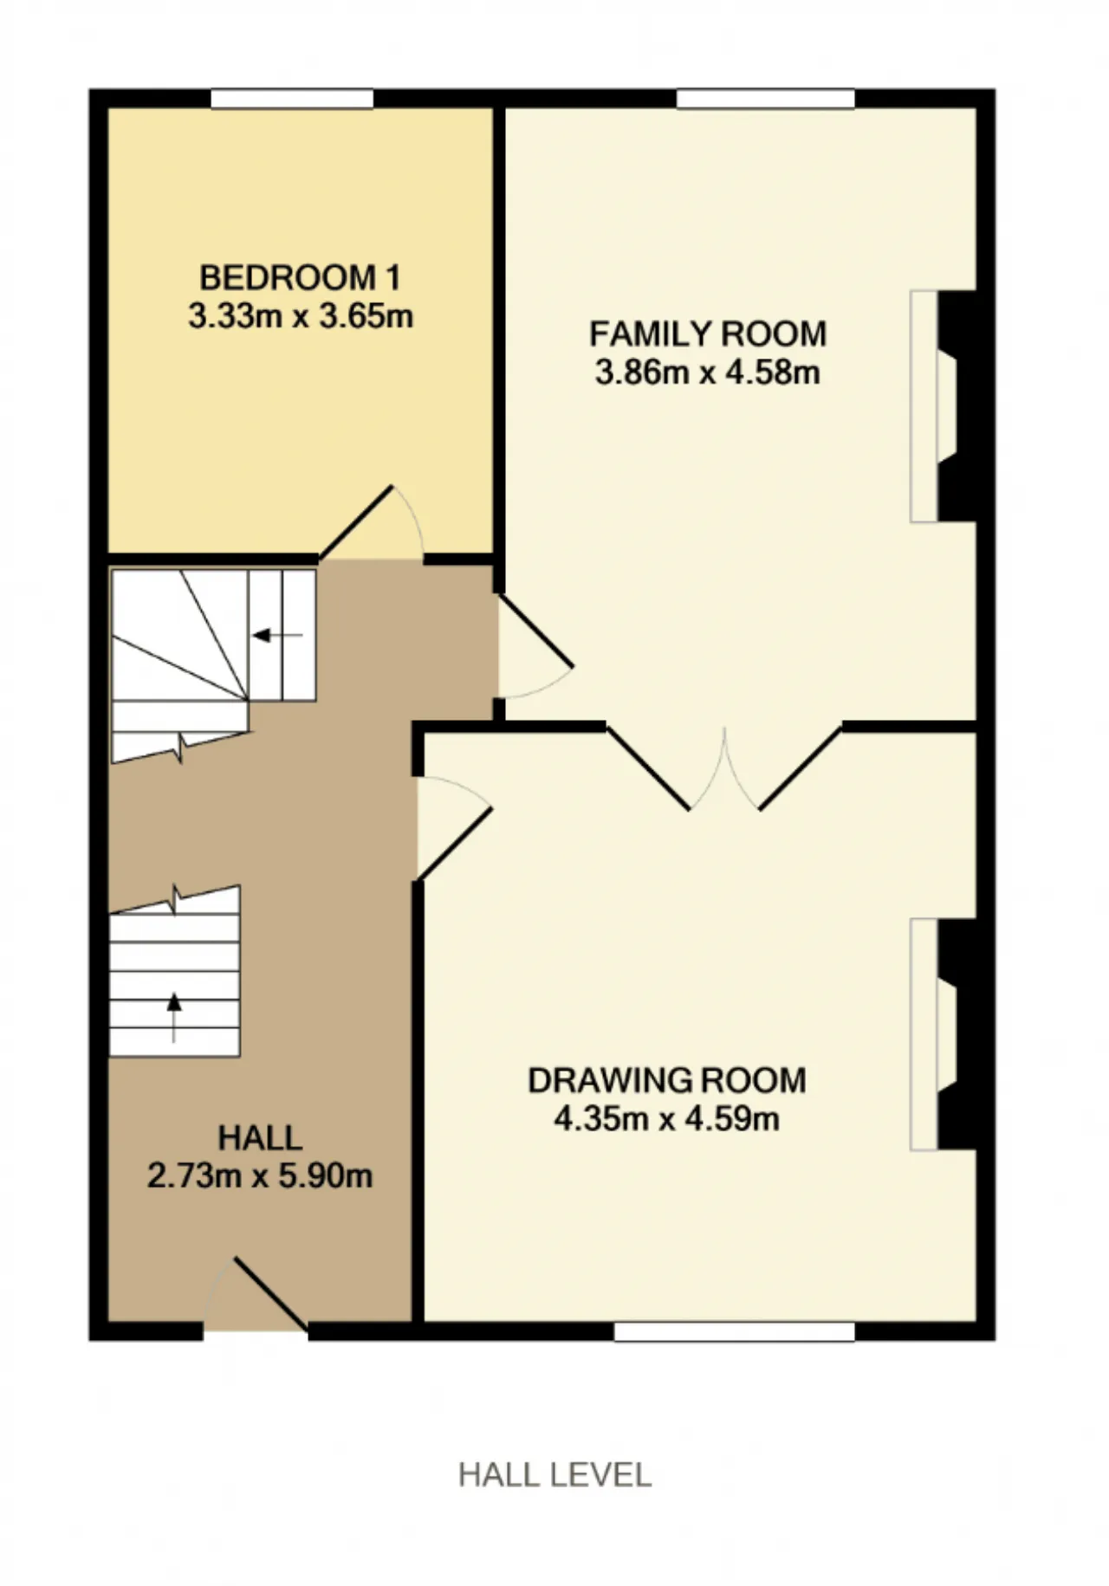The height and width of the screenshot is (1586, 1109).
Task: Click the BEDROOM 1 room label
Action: tap(301, 278)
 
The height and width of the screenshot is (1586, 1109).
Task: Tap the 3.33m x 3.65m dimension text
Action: tap(301, 315)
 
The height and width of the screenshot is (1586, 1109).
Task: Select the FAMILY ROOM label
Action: tap(708, 333)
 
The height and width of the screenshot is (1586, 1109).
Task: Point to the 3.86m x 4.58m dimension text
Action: tap(708, 372)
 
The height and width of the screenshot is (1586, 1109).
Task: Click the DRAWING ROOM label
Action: tap(667, 1080)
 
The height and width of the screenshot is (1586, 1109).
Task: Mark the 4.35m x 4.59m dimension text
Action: tap(667, 1118)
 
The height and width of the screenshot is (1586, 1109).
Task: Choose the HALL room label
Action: tap(260, 1137)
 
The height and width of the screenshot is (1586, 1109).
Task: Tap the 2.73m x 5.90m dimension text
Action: tap(260, 1175)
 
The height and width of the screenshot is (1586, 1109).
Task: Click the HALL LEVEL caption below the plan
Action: tap(554, 1474)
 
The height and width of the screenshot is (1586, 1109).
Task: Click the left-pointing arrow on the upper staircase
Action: tap(277, 636)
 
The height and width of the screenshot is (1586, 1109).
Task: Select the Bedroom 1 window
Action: tap(292, 98)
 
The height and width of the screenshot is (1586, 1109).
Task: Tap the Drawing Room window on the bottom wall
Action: tap(735, 1331)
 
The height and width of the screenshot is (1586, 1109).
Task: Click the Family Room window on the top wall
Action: tap(766, 98)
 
